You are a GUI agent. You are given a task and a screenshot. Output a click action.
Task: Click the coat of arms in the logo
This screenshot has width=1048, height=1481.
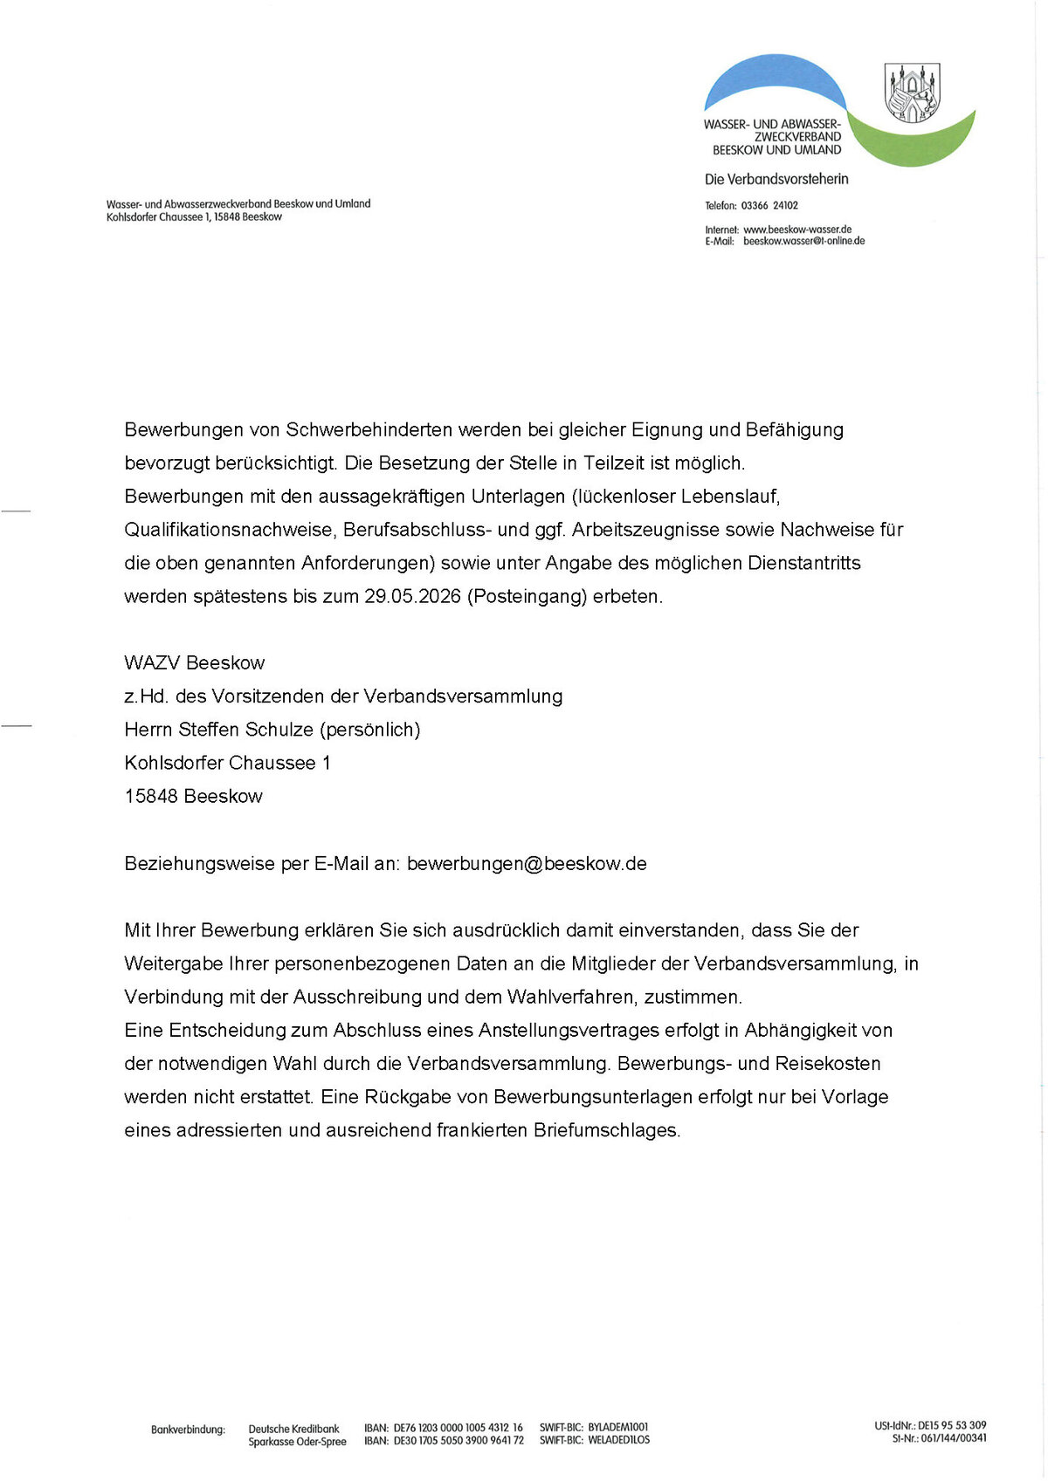(913, 92)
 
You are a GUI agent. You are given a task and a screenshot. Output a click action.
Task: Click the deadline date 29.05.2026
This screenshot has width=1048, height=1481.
(412, 597)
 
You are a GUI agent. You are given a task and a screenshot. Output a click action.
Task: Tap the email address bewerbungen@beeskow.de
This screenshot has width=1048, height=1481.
(527, 864)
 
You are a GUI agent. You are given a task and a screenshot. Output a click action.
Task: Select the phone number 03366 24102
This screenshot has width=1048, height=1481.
(769, 206)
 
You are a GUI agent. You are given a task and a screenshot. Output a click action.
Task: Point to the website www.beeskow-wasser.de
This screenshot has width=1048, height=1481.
(796, 230)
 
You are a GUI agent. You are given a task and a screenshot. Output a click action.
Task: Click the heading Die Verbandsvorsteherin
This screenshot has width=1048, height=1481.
(776, 180)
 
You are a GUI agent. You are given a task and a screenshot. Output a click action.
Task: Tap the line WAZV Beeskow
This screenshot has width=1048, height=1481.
(194, 663)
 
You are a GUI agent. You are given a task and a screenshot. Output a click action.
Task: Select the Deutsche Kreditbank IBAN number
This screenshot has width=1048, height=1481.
(458, 1428)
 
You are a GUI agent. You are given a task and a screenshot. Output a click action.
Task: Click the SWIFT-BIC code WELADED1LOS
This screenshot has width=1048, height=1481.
(618, 1440)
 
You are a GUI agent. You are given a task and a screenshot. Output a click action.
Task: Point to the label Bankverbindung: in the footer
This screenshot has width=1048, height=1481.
(188, 1430)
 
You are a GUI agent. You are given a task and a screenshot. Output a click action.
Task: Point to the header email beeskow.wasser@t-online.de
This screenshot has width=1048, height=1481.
(803, 241)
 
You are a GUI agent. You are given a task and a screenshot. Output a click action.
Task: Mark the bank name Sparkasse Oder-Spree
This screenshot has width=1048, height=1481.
(297, 1442)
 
